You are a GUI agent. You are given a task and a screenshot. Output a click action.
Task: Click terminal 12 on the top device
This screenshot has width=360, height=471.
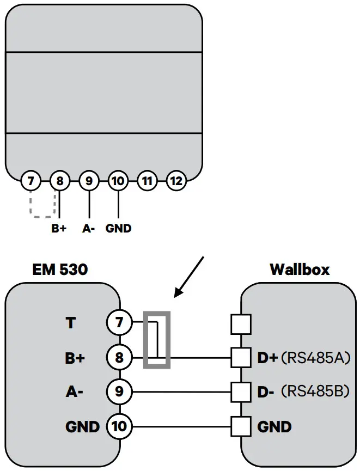pyautogui.click(x=175, y=180)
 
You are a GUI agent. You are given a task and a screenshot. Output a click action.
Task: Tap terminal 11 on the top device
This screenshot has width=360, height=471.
pyautogui.click(x=147, y=180)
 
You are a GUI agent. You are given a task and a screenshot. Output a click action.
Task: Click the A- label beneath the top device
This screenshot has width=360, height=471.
pyautogui.click(x=89, y=229)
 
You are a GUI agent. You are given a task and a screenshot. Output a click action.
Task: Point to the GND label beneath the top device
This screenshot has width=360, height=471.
pyautogui.click(x=118, y=229)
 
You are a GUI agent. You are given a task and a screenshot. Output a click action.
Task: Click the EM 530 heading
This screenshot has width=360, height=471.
pyautogui.click(x=60, y=270)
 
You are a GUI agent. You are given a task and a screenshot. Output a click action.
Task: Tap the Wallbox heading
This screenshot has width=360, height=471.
pyautogui.click(x=300, y=270)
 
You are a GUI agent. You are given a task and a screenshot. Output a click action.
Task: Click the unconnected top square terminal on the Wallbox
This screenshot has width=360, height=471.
pyautogui.click(x=241, y=325)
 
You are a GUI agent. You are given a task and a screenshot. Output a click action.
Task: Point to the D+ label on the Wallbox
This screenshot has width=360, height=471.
pyautogui.click(x=267, y=358)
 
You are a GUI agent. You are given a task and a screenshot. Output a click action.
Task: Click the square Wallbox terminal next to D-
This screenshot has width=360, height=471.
pyautogui.click(x=241, y=392)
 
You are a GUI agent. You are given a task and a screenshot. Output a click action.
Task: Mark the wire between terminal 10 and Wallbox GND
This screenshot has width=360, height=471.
pyautogui.click(x=180, y=426)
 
